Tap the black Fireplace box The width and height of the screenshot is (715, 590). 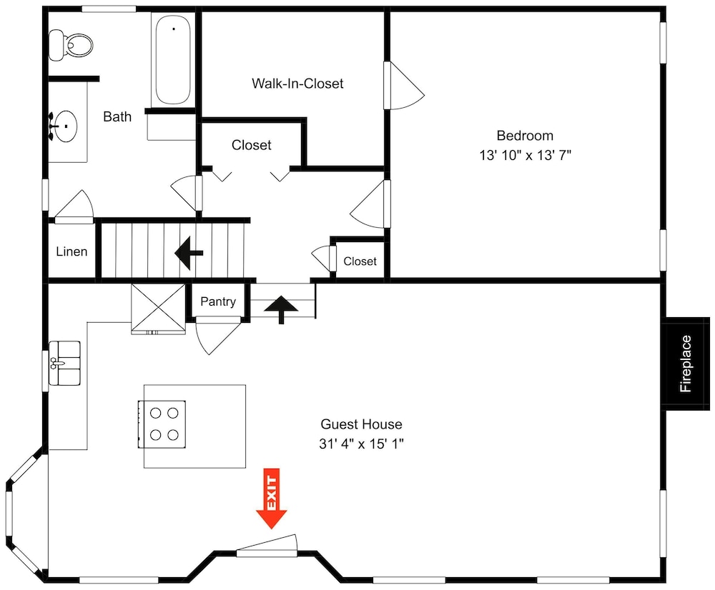tap(686, 364)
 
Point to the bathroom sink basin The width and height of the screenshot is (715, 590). tap(65, 127)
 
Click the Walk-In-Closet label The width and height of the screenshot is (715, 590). tap(297, 84)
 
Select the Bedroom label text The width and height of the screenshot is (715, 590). tap(525, 136)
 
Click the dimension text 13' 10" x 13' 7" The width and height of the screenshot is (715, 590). tap(525, 155)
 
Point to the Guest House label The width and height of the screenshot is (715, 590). tap(361, 424)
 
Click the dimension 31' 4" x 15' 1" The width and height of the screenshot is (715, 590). tap(361, 444)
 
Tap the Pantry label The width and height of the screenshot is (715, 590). tap(218, 301)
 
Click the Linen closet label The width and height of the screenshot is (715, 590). tap(71, 251)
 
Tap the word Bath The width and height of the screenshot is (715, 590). tap(117, 116)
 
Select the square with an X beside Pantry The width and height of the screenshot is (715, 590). tap(158, 308)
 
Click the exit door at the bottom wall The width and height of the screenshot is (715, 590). tap(267, 546)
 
